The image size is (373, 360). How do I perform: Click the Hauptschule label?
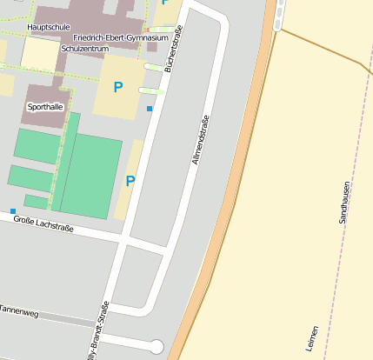click(49, 27)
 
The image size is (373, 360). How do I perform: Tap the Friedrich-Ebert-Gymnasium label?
click(121, 38)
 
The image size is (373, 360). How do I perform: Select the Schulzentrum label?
click(84, 49)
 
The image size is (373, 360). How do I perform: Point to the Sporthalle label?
click(45, 107)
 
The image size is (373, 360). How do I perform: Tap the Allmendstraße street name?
click(201, 140)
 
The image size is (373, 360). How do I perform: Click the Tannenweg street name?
click(17, 310)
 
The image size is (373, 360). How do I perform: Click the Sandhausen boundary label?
click(344, 202)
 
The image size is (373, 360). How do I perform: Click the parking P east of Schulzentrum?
click(118, 87)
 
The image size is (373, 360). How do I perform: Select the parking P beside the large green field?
click(130, 181)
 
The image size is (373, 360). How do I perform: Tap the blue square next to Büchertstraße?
click(150, 108)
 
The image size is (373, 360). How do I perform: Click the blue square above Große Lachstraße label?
click(13, 211)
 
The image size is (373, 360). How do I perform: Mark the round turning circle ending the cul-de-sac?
click(156, 347)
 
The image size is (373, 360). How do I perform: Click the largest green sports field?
click(90, 177)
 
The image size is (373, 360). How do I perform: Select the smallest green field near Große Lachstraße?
click(37, 202)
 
